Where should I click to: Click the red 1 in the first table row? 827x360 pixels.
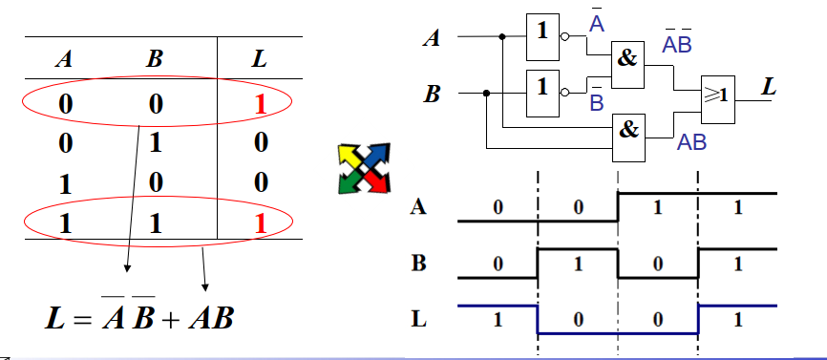pyautogui.click(x=260, y=104)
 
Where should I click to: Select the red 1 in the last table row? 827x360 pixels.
pyautogui.click(x=260, y=224)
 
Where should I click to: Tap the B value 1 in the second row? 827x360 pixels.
pyautogui.click(x=154, y=144)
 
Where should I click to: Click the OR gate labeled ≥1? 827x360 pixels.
pyautogui.click(x=719, y=97)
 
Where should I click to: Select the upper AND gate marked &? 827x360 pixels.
pyautogui.click(x=626, y=58)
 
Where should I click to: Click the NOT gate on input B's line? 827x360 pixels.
pyautogui.click(x=543, y=88)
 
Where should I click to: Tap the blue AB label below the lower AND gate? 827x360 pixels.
pyautogui.click(x=691, y=144)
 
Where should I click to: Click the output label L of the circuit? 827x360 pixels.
pyautogui.click(x=770, y=87)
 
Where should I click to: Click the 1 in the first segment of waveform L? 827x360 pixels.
pyautogui.click(x=497, y=319)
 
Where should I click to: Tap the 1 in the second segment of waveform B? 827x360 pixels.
pyautogui.click(x=578, y=264)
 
